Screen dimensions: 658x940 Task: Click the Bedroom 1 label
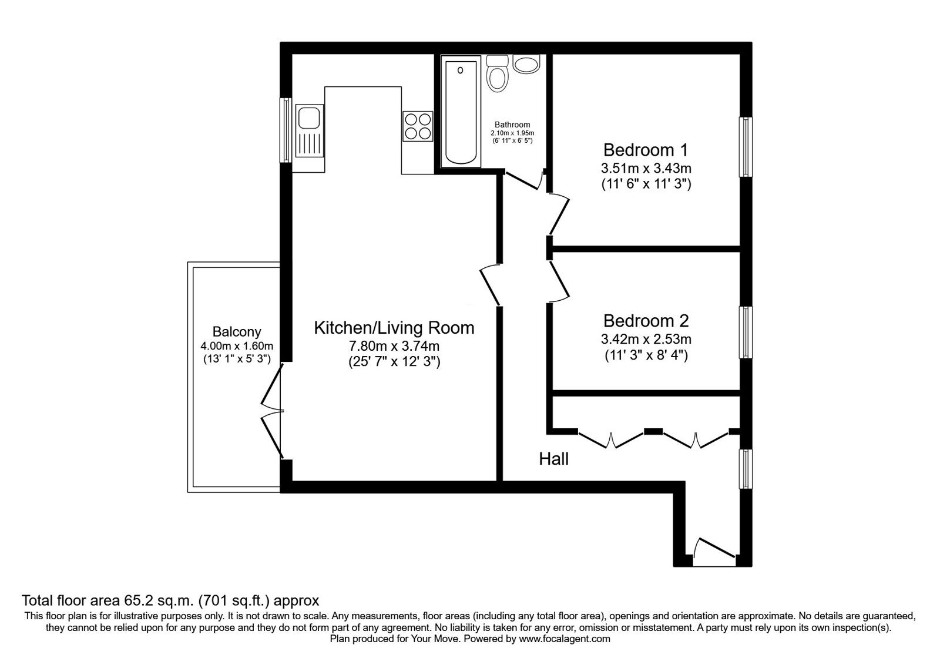click(645, 149)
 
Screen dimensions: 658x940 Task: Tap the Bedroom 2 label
click(645, 321)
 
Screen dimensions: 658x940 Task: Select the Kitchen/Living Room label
click(394, 327)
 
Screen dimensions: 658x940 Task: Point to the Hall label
click(553, 459)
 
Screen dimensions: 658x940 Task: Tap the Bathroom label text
click(512, 125)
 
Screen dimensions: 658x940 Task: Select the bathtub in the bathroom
click(461, 113)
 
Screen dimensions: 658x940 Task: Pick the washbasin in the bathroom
click(526, 63)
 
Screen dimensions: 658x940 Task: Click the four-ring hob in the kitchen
click(418, 126)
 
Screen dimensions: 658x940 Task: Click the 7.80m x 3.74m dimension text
click(394, 346)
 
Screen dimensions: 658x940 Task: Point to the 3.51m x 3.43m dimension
click(645, 169)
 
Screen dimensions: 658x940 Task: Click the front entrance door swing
click(713, 552)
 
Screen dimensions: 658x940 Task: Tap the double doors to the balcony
click(272, 411)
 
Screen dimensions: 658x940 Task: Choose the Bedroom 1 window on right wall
click(746, 147)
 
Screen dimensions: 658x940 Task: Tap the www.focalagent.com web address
click(565, 638)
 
